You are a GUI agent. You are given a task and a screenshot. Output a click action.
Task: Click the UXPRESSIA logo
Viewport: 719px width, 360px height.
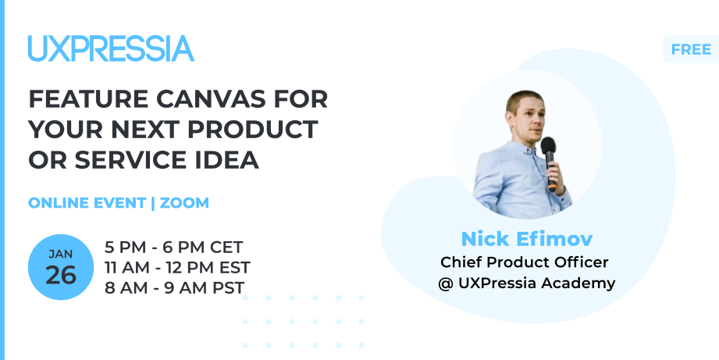(111, 48)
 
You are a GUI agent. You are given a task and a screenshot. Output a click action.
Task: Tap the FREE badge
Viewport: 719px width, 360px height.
(691, 49)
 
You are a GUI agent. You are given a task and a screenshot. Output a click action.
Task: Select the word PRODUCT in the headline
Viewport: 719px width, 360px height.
(253, 130)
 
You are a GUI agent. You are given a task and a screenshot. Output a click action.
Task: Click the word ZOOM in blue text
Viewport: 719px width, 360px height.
(184, 203)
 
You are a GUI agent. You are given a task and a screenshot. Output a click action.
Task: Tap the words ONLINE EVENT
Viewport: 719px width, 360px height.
(87, 203)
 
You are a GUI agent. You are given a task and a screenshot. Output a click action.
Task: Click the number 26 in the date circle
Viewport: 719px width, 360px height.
(61, 275)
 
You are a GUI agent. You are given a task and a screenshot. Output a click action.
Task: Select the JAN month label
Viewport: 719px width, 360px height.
(61, 254)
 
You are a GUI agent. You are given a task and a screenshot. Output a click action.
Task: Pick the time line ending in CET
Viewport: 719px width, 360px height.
(174, 248)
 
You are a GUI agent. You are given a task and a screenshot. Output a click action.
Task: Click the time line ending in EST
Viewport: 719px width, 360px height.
(177, 267)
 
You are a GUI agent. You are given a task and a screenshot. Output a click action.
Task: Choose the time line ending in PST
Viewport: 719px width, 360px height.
(175, 287)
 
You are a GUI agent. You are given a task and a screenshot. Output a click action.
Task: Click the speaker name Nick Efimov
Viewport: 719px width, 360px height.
(526, 239)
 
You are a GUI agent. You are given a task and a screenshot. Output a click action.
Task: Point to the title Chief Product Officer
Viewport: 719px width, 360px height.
(524, 262)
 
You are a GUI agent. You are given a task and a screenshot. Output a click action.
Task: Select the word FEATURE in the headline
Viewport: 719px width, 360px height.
(89, 99)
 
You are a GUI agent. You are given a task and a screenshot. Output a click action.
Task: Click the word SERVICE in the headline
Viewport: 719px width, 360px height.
(130, 160)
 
